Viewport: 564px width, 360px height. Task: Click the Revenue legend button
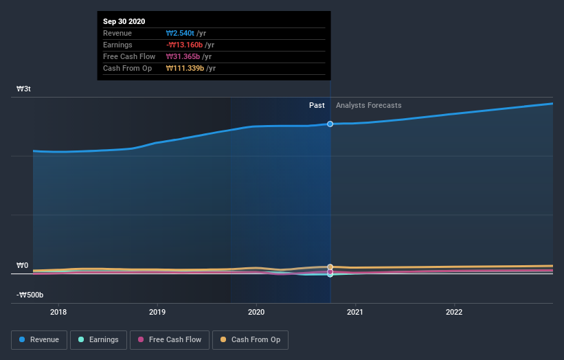pos(39,339)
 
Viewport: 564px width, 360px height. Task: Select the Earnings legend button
pos(98,339)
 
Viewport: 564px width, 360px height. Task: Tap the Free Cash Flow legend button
pos(169,339)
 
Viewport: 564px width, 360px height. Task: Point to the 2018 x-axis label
pos(58,312)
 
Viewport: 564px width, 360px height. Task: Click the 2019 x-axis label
pos(157,312)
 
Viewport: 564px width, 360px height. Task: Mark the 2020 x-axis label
pos(256,312)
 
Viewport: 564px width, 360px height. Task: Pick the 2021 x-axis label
pos(355,312)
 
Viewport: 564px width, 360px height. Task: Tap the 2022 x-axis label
pos(454,312)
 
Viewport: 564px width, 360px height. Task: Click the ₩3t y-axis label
pos(23,89)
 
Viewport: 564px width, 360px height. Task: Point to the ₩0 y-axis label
pos(23,265)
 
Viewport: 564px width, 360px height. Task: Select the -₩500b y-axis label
pos(30,295)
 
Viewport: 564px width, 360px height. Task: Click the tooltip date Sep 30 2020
pos(124,22)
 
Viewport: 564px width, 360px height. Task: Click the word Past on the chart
pos(317,105)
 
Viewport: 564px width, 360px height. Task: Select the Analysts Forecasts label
pos(369,105)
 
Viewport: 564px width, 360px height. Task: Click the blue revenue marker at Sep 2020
pos(330,124)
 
